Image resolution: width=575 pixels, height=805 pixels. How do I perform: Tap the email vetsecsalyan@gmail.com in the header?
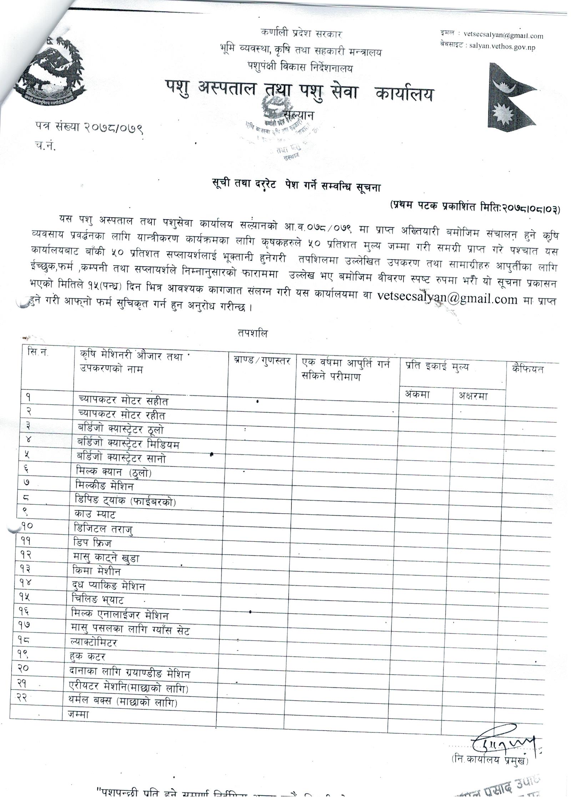pos(503,36)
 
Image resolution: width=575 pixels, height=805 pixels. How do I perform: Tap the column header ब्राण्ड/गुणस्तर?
pos(261,361)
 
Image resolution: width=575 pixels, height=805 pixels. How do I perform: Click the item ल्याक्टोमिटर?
pos(95,643)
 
